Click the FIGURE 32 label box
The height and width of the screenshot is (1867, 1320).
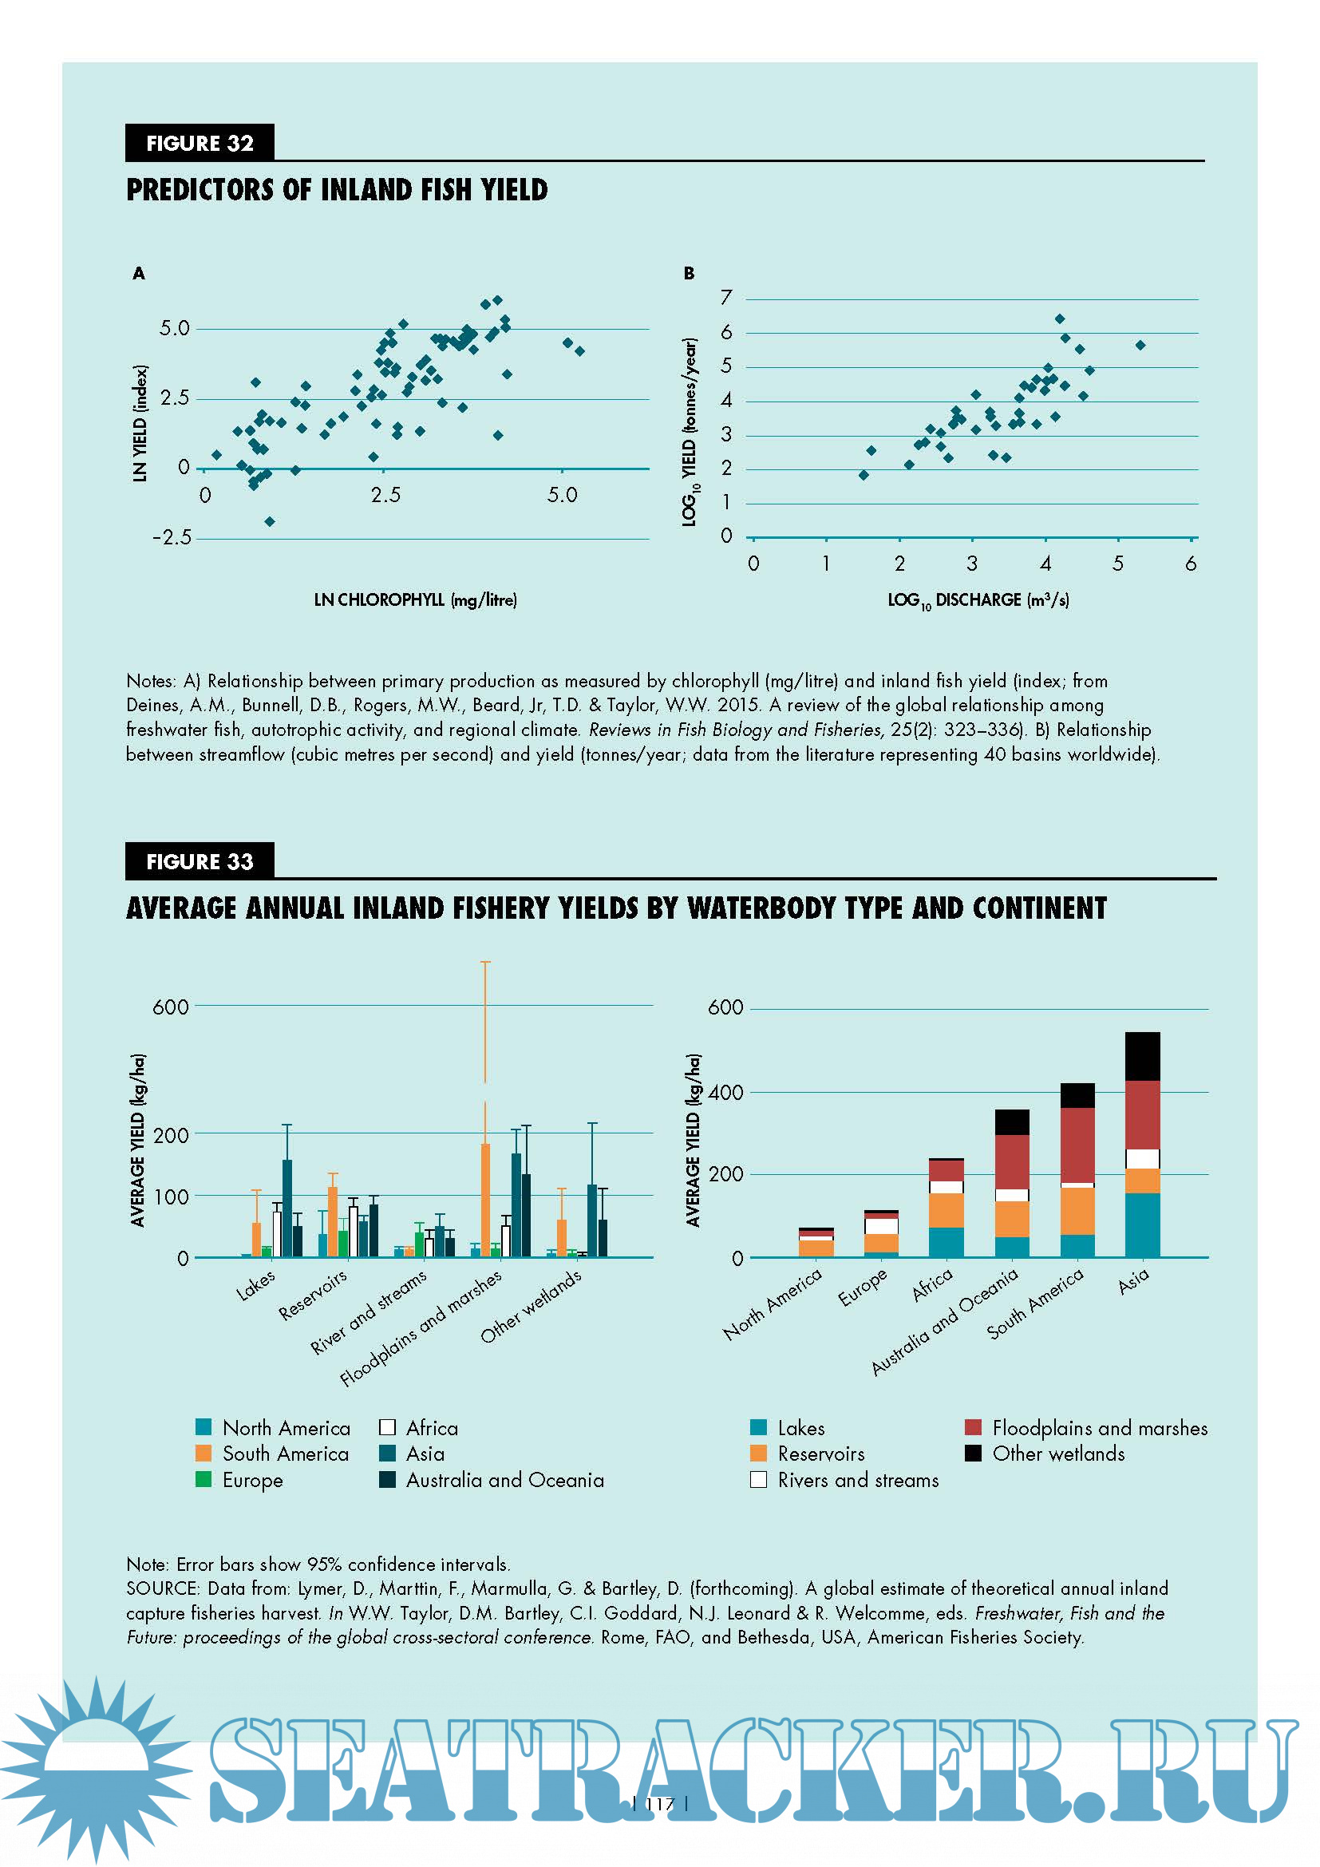(200, 143)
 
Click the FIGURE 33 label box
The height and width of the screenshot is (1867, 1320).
(200, 861)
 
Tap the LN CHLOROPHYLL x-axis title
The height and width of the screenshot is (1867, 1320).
(415, 600)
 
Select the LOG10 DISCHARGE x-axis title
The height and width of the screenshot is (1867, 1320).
(978, 600)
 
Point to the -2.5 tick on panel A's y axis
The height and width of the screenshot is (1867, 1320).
(172, 537)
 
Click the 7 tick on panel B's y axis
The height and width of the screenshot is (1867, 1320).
(725, 299)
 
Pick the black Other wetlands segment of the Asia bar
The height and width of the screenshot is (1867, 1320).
(1142, 1055)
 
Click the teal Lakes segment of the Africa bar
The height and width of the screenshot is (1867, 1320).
(947, 1242)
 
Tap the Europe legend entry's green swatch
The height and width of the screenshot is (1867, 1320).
(204, 1479)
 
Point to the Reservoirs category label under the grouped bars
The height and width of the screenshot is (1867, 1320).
(313, 1295)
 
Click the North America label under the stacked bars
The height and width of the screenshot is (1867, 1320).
(773, 1303)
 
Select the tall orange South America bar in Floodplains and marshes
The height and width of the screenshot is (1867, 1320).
(485, 1200)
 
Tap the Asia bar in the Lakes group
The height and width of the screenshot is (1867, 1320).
(287, 1208)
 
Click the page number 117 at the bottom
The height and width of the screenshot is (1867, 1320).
(660, 1804)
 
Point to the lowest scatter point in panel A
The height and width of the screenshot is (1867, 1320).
(270, 521)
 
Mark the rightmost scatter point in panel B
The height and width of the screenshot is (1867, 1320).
(1140, 346)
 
